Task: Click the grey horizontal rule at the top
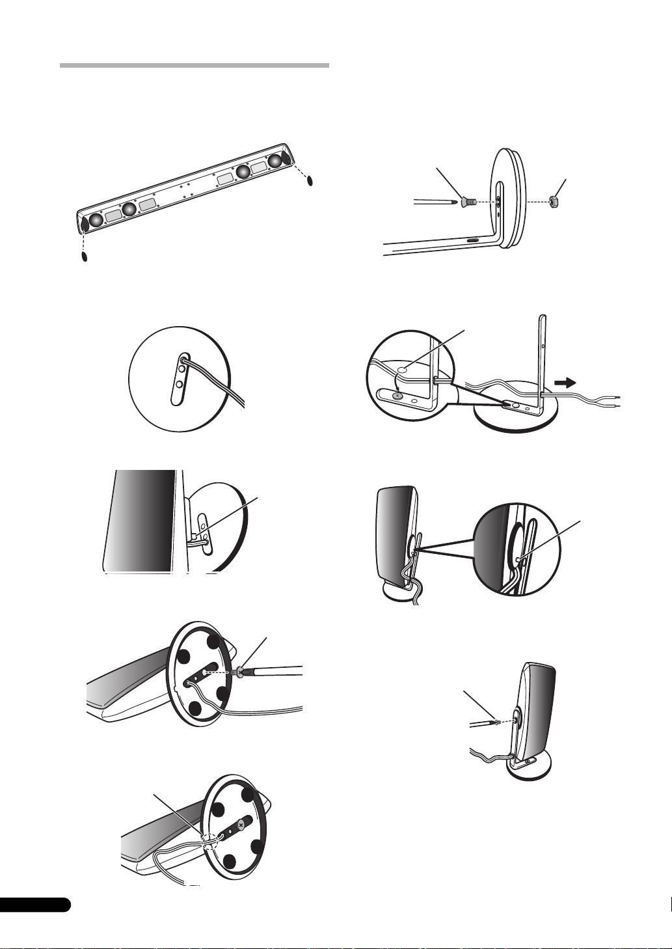(194, 66)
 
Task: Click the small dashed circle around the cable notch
(208, 842)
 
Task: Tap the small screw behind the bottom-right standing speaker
(496, 721)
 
